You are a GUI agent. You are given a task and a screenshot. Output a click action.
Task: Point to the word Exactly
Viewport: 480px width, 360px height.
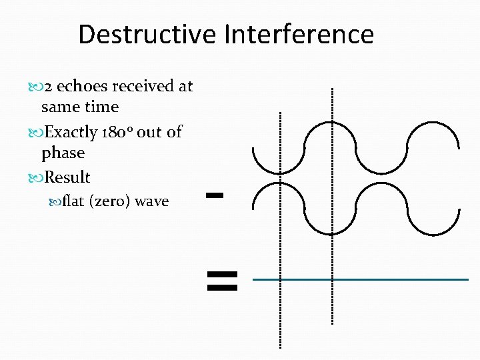click(71, 132)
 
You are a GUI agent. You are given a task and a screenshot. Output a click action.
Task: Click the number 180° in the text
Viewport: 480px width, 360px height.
click(117, 132)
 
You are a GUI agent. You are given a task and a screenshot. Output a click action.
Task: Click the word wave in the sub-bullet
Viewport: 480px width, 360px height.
click(151, 201)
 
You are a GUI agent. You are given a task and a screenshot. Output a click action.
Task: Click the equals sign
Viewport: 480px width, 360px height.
click(222, 281)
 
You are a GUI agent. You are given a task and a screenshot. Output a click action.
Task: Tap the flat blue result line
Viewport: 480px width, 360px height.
click(361, 279)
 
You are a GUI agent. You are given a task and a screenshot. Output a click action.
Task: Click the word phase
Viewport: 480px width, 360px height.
click(63, 153)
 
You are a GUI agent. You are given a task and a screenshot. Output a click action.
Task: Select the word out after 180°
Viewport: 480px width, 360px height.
click(149, 132)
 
